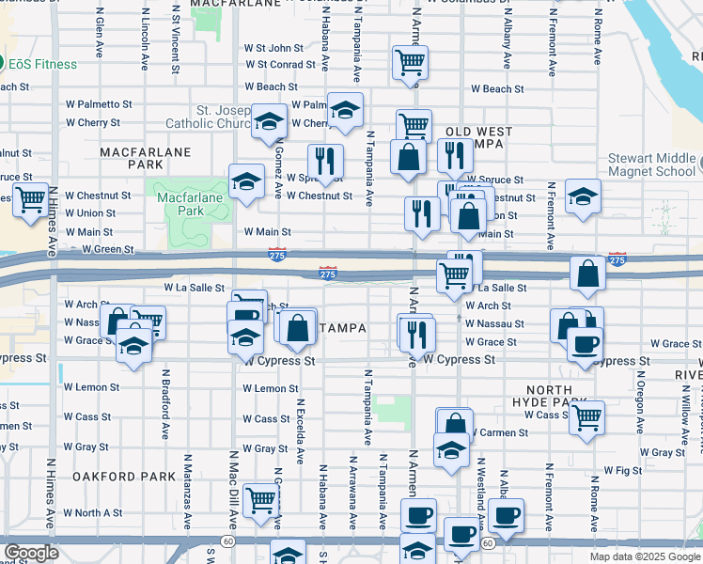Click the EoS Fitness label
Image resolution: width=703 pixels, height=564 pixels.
pyautogui.click(x=44, y=64)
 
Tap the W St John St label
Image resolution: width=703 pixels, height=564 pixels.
pyautogui.click(x=273, y=48)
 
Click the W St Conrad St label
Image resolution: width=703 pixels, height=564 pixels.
pyautogui.click(x=280, y=65)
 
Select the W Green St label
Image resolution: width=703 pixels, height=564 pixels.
pyautogui.click(x=108, y=250)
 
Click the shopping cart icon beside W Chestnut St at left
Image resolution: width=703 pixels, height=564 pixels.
pyautogui.click(x=30, y=198)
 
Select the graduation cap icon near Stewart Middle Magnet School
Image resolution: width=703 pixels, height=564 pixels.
pyautogui.click(x=583, y=196)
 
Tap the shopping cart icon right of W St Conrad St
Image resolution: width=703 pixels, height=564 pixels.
pyautogui.click(x=410, y=63)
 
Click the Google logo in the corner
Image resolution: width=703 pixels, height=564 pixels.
pyautogui.click(x=31, y=553)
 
